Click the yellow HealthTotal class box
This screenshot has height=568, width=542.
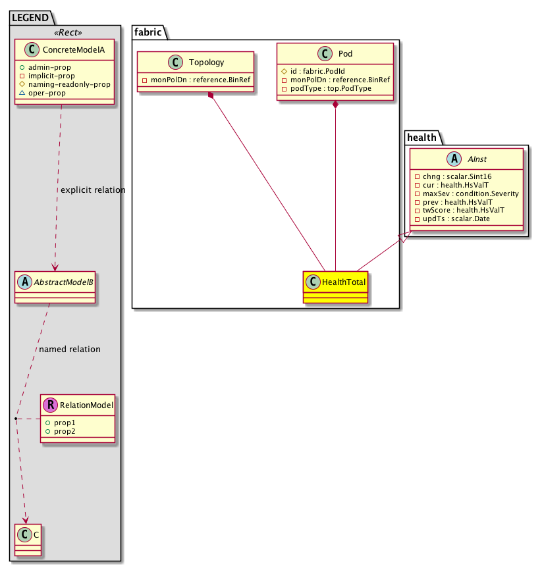[x=335, y=286]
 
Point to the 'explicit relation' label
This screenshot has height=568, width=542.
[x=92, y=190]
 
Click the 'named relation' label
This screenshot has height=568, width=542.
[x=70, y=349]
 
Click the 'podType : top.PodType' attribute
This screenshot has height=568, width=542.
[x=330, y=88]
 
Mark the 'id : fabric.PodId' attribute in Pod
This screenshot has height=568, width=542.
[x=319, y=70]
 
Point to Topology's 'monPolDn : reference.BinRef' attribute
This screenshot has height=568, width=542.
[x=196, y=79]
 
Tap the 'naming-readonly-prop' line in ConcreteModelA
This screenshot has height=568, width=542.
[x=69, y=84]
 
